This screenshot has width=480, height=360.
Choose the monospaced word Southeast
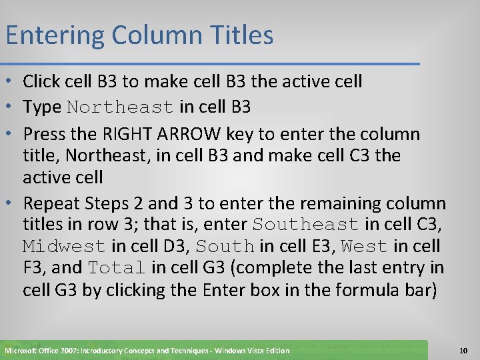pyautogui.click(x=306, y=225)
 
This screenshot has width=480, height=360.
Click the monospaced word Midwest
pyautogui.click(x=64, y=247)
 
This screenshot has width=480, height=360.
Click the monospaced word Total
pyautogui.click(x=116, y=269)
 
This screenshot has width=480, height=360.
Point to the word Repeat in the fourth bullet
pyautogui.click(x=49, y=203)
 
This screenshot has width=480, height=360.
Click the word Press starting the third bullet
pyautogui.click(x=42, y=134)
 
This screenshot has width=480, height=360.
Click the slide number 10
pyautogui.click(x=463, y=350)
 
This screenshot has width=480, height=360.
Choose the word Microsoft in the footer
pyautogui.click(x=24, y=351)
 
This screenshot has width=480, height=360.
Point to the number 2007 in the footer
pyautogui.click(x=75, y=351)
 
